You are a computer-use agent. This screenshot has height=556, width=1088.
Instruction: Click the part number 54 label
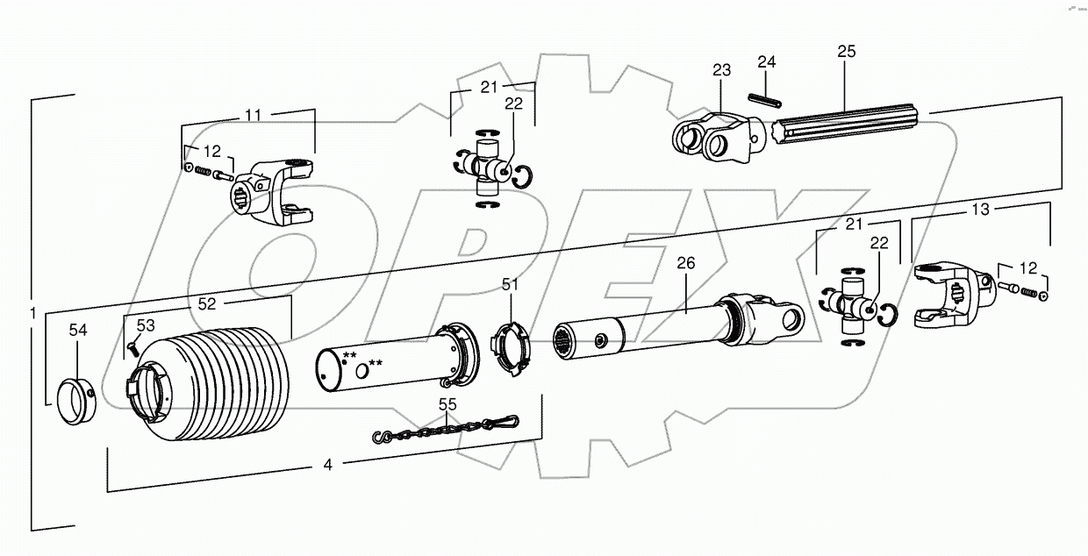click(78, 330)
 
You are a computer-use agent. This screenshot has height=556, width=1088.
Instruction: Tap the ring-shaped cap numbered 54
click(76, 400)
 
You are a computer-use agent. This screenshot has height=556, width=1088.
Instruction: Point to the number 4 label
click(327, 466)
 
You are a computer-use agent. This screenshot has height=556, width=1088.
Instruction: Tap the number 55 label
click(447, 404)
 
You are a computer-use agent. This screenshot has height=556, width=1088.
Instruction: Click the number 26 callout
click(685, 263)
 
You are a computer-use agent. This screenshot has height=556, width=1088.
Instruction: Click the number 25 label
click(846, 53)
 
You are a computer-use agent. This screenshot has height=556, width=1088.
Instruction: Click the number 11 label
click(253, 115)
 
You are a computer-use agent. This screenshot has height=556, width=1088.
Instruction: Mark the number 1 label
click(32, 314)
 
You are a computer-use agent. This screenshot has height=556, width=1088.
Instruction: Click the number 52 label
click(206, 304)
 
